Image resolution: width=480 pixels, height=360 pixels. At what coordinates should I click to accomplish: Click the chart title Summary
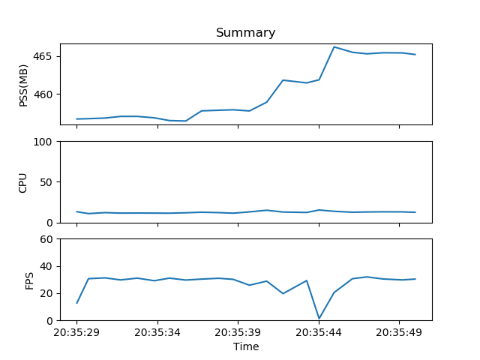coord(245,33)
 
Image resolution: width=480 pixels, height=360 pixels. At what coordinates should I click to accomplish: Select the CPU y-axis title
coord(23,182)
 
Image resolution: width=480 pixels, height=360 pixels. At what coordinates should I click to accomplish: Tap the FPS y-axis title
coord(29,280)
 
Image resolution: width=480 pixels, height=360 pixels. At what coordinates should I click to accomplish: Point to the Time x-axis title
coord(245,346)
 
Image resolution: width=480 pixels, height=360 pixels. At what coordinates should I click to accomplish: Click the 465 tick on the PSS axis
coord(42,57)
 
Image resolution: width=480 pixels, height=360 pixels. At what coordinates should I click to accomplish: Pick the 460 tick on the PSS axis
coord(42,94)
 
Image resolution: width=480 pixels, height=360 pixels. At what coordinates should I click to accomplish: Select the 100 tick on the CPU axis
coord(42,142)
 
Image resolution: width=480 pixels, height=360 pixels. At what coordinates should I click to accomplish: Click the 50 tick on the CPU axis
coord(45,182)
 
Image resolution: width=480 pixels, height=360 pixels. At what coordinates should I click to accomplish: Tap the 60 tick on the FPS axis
coord(45,239)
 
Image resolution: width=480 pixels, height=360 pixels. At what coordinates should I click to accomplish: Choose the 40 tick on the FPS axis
coord(45,266)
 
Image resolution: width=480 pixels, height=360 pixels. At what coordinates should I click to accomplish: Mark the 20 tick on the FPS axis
coord(45,293)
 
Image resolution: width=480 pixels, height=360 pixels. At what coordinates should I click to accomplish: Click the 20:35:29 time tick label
coord(76,331)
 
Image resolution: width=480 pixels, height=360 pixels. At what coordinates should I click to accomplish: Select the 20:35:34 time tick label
coord(157,331)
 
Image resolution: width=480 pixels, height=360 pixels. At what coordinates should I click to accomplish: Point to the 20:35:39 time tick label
coord(238,331)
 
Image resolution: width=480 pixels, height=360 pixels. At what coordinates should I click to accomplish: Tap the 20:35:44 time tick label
coord(319,331)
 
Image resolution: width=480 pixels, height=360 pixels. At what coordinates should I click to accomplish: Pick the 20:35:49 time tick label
coord(399,331)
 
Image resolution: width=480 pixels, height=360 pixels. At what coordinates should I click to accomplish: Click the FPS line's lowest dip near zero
coord(319,318)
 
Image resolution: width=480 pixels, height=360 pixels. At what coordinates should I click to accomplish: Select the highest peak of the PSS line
coord(334,47)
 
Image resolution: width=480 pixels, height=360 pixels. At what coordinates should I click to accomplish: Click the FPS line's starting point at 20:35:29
coord(76,303)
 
